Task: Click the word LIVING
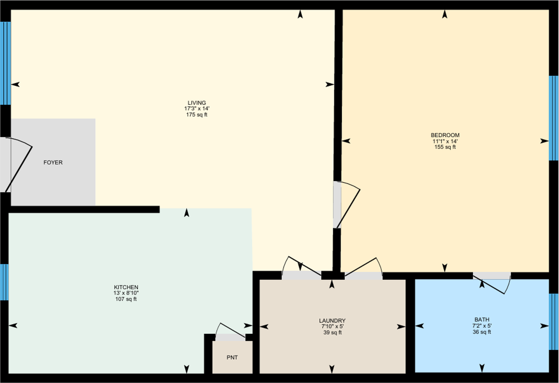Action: [197, 103]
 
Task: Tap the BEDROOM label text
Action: [445, 135]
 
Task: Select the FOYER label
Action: [53, 163]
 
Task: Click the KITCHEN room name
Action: [126, 287]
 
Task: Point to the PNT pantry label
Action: [232, 358]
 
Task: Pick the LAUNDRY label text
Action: [332, 321]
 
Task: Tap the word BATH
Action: [482, 319]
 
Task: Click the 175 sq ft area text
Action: [197, 115]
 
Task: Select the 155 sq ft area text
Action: [445, 147]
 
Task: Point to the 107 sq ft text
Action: [126, 299]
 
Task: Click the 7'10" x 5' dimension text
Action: [332, 326]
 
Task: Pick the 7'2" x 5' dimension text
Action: [482, 326]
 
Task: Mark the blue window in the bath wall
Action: [553, 321]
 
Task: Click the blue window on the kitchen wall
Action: [4, 282]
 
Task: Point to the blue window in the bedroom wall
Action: [553, 118]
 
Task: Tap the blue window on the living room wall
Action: [5, 63]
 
